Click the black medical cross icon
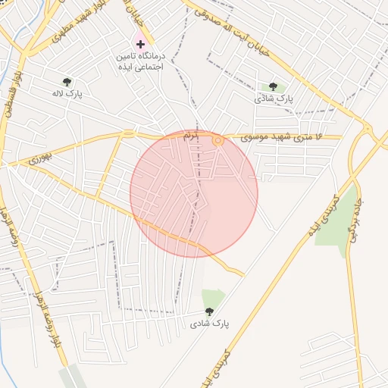[140, 45]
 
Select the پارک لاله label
[67, 93]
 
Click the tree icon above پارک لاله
[67, 81]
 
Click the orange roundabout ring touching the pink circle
[218, 140]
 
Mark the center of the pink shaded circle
[194, 193]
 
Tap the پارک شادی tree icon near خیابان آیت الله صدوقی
[273, 87]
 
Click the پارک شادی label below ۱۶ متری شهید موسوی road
[273, 99]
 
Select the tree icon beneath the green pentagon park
[209, 311]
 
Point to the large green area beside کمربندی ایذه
[335, 220]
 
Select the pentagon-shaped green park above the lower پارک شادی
[212, 298]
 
